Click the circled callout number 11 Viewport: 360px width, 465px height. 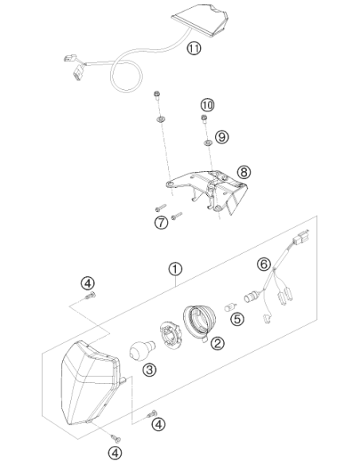194,48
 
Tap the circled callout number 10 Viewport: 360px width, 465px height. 207,104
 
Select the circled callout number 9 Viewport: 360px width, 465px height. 221,137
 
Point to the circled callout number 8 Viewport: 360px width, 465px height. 244,172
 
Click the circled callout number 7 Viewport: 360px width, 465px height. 162,222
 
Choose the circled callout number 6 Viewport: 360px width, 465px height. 264,264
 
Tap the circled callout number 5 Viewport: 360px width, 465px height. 238,318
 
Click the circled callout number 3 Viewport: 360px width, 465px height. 150,369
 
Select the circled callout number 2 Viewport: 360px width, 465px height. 217,343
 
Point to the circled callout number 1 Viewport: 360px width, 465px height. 175,269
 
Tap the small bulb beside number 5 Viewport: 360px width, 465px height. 230,307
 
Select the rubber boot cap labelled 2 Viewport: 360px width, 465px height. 199,322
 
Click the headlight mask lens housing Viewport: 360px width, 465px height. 91,384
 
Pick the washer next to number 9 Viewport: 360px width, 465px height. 208,143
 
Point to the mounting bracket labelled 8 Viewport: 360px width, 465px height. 207,192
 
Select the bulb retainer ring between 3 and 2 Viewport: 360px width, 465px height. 170,335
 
